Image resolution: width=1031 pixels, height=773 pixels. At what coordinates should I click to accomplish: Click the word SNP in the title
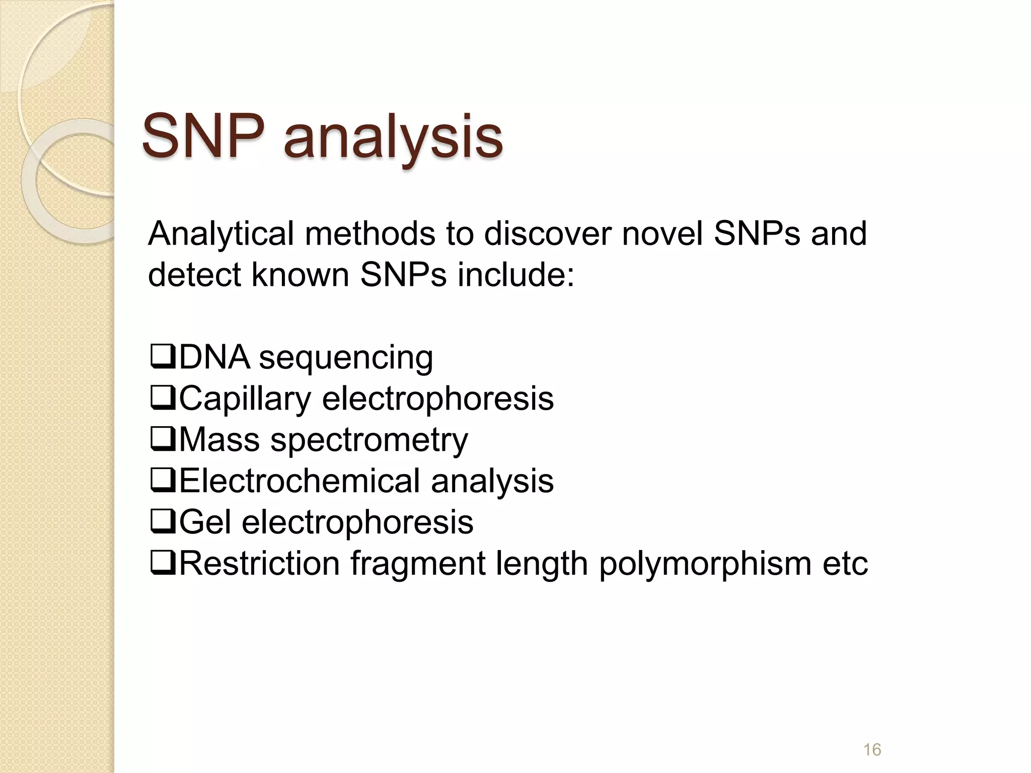[x=203, y=136]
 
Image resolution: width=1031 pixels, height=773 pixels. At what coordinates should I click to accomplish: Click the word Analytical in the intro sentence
[x=220, y=235]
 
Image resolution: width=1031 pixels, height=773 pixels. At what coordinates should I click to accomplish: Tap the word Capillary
[x=245, y=399]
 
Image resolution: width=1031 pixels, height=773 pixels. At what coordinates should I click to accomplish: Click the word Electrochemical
[x=299, y=481]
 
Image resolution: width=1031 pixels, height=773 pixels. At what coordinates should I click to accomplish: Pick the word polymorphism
[x=705, y=564]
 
